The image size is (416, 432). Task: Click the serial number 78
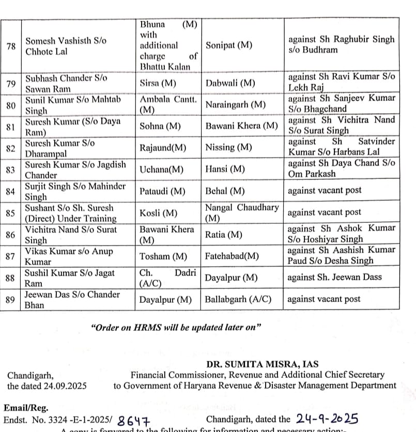tap(11, 46)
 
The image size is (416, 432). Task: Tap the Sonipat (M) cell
tap(229, 45)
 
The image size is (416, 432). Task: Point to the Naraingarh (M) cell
tap(236, 105)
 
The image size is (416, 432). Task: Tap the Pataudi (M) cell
tap(162, 191)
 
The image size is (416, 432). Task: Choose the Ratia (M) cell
tap(224, 235)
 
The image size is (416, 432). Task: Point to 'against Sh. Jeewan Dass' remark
tap(335, 277)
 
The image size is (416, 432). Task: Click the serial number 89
tap(11, 300)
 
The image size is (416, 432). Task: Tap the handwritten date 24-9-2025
tap(328, 419)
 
